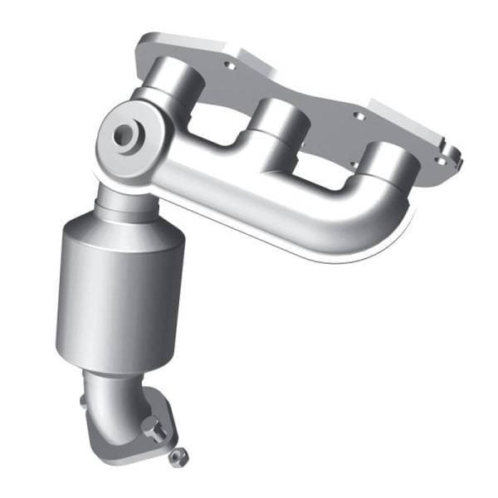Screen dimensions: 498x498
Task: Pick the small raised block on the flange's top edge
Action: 249,53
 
